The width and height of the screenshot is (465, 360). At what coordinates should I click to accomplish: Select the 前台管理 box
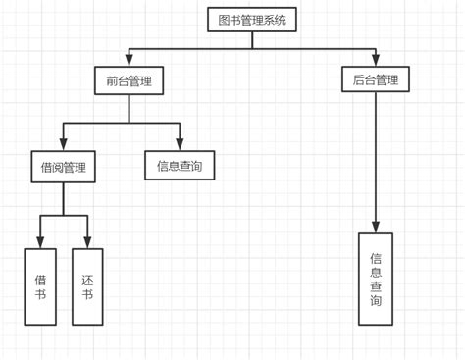[x=129, y=80]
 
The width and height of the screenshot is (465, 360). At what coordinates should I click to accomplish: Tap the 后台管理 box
[x=375, y=79]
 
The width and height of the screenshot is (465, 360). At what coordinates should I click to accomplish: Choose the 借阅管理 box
[x=64, y=167]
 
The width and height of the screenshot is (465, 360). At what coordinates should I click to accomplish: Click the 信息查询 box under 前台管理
[x=180, y=166]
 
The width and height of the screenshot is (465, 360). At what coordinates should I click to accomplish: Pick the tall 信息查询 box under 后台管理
[x=376, y=280]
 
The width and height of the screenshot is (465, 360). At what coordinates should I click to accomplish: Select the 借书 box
[x=40, y=286]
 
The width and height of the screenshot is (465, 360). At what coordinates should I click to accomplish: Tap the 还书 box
[x=87, y=286]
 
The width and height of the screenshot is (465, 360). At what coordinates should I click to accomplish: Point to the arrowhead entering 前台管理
[x=129, y=61]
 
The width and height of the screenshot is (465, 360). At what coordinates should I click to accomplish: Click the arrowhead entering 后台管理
[x=375, y=61]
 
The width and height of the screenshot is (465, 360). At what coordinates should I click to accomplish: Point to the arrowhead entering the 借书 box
[x=40, y=242]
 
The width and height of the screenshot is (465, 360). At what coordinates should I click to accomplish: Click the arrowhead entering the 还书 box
[x=87, y=242]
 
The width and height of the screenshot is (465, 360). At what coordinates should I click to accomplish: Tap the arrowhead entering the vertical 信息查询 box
[x=376, y=227]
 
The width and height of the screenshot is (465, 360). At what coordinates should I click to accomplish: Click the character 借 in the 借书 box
[x=40, y=280]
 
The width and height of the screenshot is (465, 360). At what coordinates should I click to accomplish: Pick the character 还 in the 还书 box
[x=87, y=280]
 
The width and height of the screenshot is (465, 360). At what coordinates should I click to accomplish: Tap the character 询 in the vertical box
[x=376, y=303]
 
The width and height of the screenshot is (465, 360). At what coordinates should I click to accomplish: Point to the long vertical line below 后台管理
[x=375, y=157]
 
